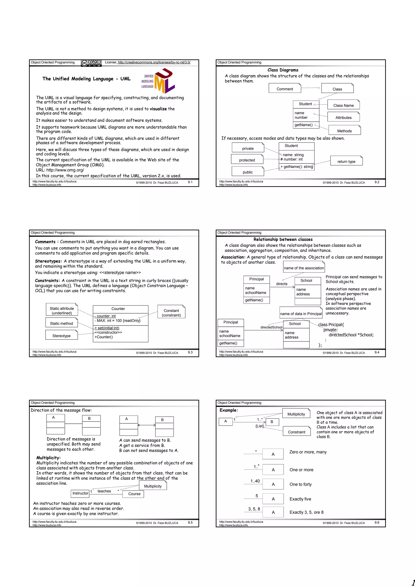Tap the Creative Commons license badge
(x=91, y=63)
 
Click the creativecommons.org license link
(x=154, y=62)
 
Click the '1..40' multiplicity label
(x=255, y=481)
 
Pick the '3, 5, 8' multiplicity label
(x=254, y=509)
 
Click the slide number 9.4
(x=377, y=352)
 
